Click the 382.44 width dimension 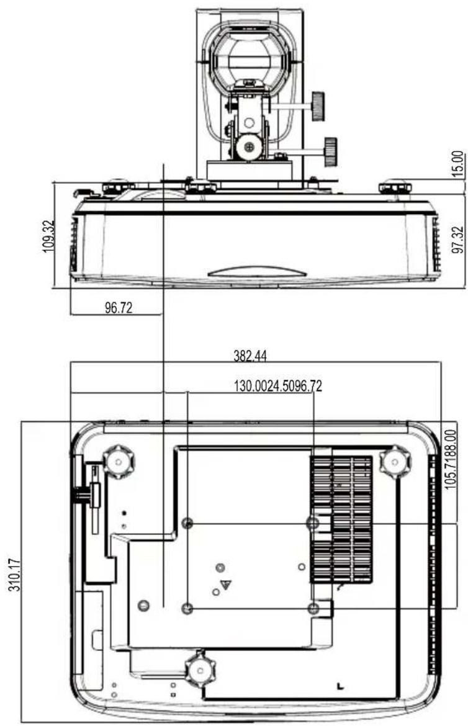click(250, 356)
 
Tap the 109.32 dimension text click(48, 236)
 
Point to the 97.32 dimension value click(457, 240)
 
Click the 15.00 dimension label click(457, 164)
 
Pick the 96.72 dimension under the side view click(119, 308)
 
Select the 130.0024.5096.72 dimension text click(278, 386)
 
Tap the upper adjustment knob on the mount click(318, 106)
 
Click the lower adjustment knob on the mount click(330, 151)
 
